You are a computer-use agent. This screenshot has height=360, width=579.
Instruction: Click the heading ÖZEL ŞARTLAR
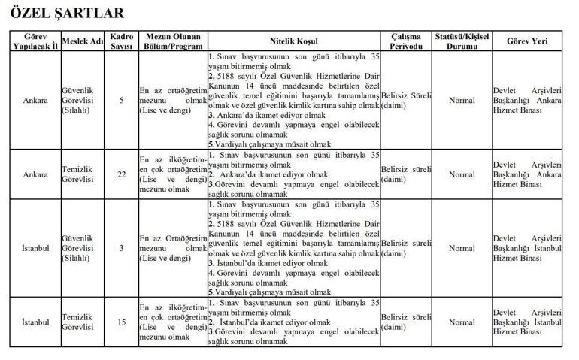(67, 13)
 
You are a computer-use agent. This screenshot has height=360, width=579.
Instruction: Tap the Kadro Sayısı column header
(122, 41)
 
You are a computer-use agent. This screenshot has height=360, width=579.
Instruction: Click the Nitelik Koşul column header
(294, 41)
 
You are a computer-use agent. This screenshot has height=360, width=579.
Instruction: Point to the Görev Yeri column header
(527, 41)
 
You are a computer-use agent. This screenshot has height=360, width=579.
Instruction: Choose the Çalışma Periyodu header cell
(406, 41)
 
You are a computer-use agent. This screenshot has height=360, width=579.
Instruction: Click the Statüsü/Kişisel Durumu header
(462, 41)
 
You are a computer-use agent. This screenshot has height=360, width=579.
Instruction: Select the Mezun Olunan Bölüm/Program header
(171, 41)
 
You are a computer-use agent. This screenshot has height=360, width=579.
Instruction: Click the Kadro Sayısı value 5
(122, 100)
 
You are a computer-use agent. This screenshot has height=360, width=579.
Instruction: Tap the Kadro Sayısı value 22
(122, 174)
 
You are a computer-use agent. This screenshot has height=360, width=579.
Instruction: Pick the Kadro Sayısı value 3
(122, 248)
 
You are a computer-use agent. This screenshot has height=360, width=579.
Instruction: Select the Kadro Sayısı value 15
(122, 322)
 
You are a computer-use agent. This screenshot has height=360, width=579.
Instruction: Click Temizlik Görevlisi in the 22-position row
(77, 174)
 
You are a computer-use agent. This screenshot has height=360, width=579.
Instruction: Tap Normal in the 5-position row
(462, 100)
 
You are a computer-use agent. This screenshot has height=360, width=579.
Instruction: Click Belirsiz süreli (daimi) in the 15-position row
(406, 322)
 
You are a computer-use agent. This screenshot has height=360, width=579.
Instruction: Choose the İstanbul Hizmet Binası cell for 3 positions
(527, 248)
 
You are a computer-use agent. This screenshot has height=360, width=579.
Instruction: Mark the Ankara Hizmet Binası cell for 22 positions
(527, 174)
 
